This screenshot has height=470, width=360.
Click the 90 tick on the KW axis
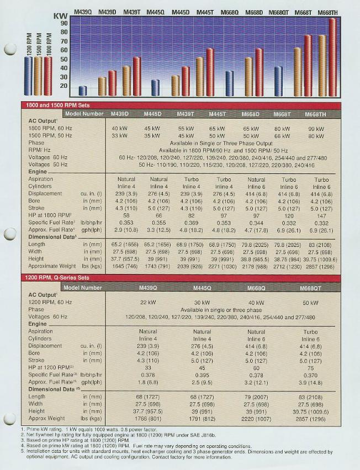[x=64, y=23]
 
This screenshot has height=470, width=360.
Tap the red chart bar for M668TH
[x=332, y=57]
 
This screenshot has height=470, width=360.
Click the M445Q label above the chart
[x=156, y=12]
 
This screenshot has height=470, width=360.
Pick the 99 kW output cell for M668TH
[x=316, y=129]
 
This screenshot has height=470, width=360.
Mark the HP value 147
[x=321, y=215]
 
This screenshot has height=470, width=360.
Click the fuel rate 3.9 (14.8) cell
[x=310, y=382]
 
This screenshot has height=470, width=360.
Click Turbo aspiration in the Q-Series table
[x=310, y=331]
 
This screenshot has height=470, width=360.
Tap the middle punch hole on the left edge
[x=9, y=234]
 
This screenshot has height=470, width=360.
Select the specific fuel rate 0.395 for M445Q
[x=202, y=374]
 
